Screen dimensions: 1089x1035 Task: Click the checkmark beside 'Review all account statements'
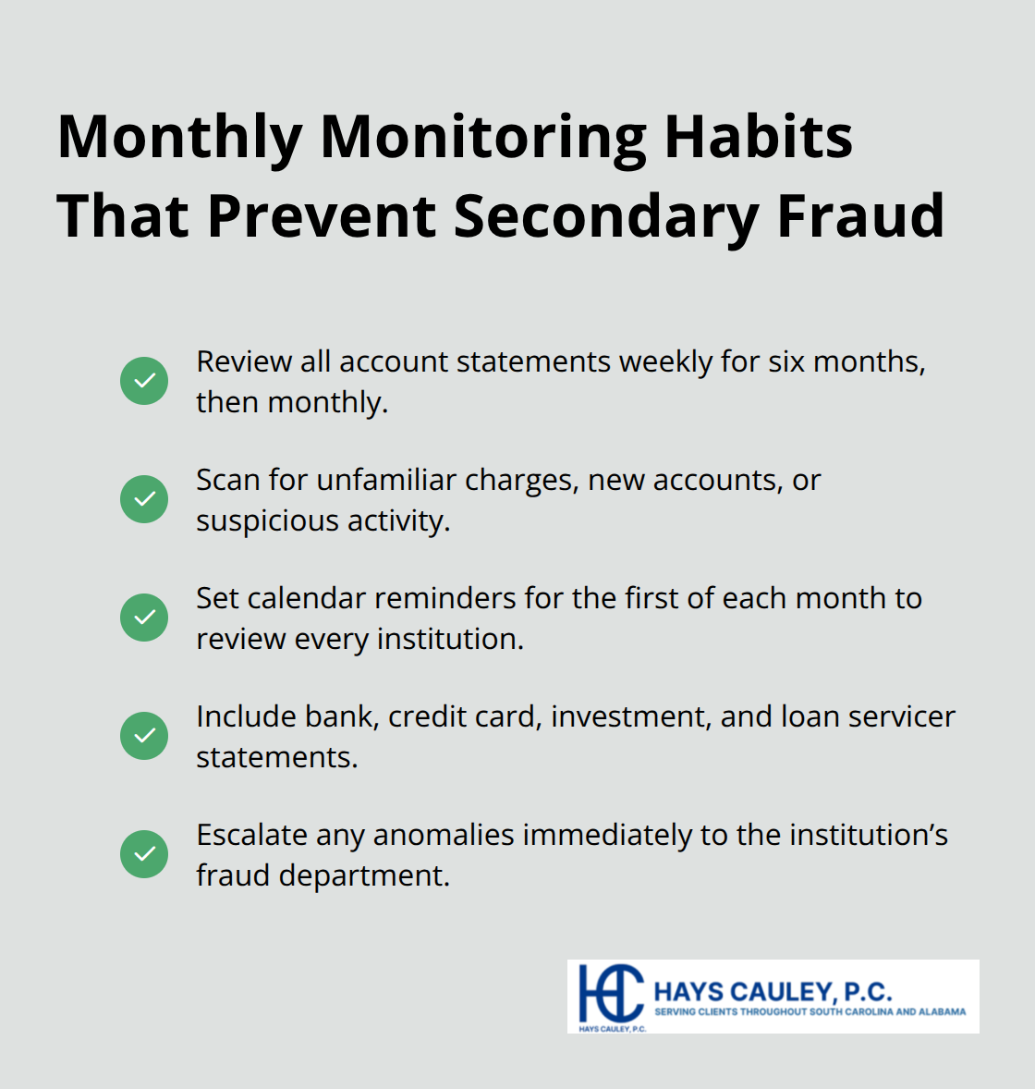[x=144, y=381]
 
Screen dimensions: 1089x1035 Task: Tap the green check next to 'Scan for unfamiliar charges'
[x=144, y=499]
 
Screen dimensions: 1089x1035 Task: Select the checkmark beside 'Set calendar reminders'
[x=144, y=618]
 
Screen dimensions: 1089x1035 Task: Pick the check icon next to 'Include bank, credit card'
[x=144, y=736]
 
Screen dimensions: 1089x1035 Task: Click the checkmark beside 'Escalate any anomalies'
[x=144, y=854]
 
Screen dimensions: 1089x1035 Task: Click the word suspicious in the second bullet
[x=267, y=521]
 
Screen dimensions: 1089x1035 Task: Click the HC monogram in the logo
[x=610, y=993]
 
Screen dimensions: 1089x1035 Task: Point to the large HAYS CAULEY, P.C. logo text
[x=773, y=992]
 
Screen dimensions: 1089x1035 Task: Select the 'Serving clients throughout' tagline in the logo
[x=810, y=1012]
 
